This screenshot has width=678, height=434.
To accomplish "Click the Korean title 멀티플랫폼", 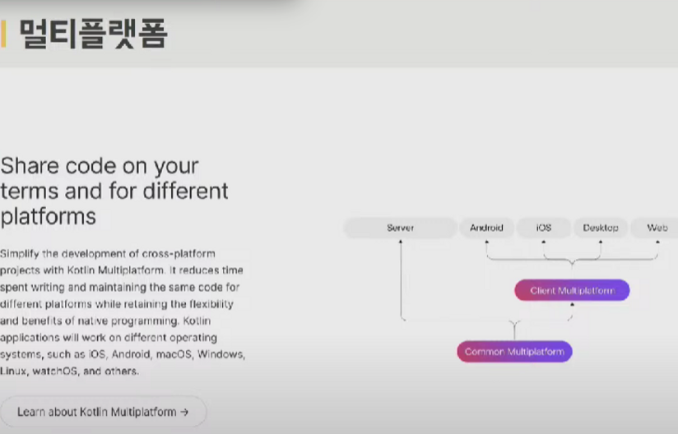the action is pos(94,33).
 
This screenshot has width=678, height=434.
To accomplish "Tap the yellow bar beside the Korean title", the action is pos(3,33).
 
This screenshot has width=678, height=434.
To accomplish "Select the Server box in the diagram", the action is pos(401,228).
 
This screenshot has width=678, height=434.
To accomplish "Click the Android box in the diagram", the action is pos(486,228).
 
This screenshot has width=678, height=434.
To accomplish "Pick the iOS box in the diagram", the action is pos(544,228).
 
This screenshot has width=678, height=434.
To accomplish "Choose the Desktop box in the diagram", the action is pos(600,228).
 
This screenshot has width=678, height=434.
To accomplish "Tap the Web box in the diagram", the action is pos(655,228).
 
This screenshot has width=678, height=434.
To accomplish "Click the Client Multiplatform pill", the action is pos(572,290).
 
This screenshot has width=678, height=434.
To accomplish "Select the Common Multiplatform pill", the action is pos(514,352).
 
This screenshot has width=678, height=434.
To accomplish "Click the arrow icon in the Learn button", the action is pos(184,412).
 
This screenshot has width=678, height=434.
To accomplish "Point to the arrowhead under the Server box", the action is pos(401,242).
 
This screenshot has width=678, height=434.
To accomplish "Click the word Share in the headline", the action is pos(30,166).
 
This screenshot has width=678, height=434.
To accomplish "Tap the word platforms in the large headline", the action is pos(48,216).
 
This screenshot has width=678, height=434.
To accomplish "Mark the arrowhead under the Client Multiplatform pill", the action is pos(572,304).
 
